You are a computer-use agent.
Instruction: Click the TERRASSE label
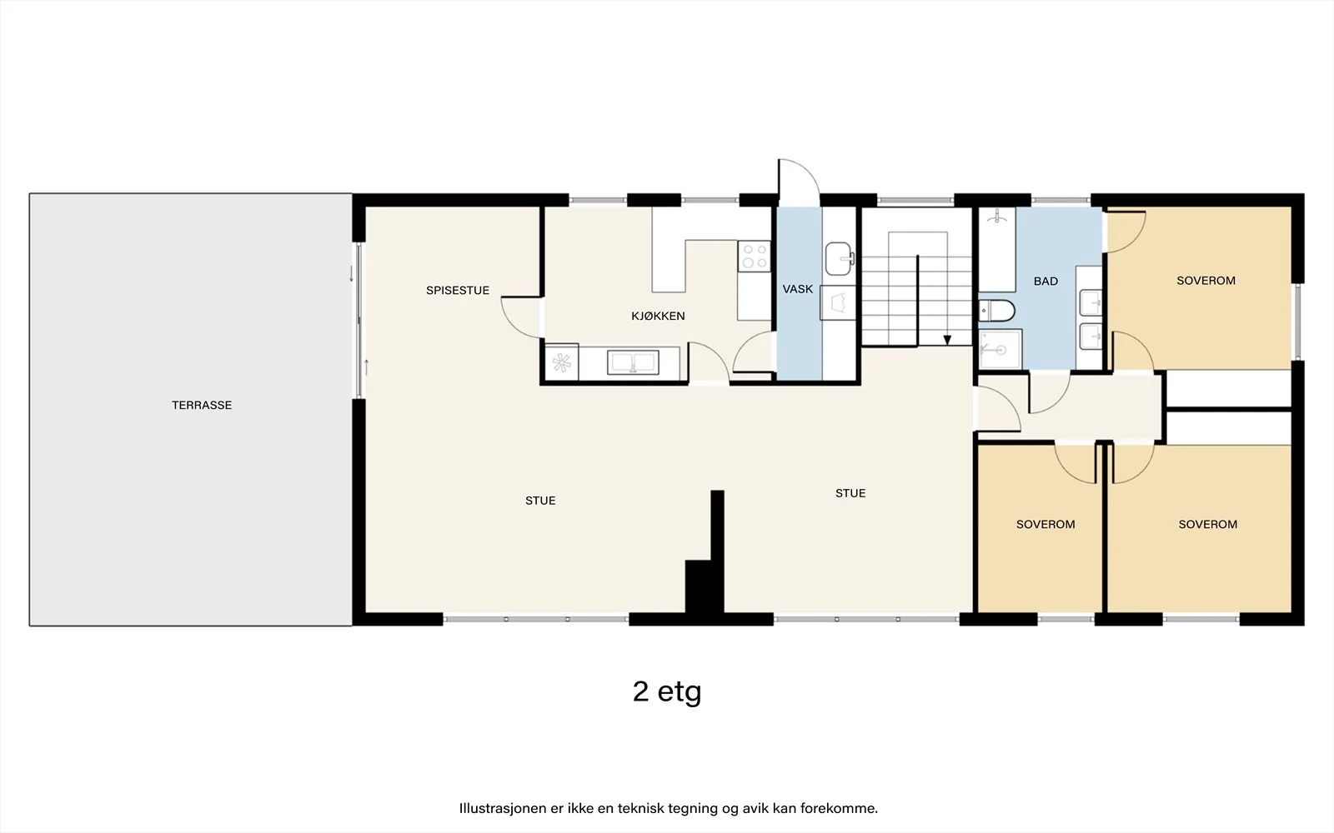202,405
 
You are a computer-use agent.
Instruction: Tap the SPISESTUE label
458,291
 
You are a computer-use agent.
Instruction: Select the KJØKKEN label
658,316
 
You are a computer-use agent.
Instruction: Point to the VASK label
797,289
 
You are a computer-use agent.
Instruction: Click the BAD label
1046,281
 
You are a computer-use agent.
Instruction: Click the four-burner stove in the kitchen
754,256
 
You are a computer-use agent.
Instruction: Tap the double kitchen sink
633,362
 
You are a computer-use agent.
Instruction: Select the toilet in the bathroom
996,311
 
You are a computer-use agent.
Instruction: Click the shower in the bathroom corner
1000,349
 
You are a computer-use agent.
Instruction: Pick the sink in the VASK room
839,259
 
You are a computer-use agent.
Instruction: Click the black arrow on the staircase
947,340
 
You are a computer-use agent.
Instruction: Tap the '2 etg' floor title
667,692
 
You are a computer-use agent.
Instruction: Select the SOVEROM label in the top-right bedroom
1206,281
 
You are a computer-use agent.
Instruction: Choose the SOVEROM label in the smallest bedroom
1046,524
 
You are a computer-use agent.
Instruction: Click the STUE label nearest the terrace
540,501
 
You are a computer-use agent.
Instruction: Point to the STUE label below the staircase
850,493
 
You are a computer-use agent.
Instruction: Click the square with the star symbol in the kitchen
562,362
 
